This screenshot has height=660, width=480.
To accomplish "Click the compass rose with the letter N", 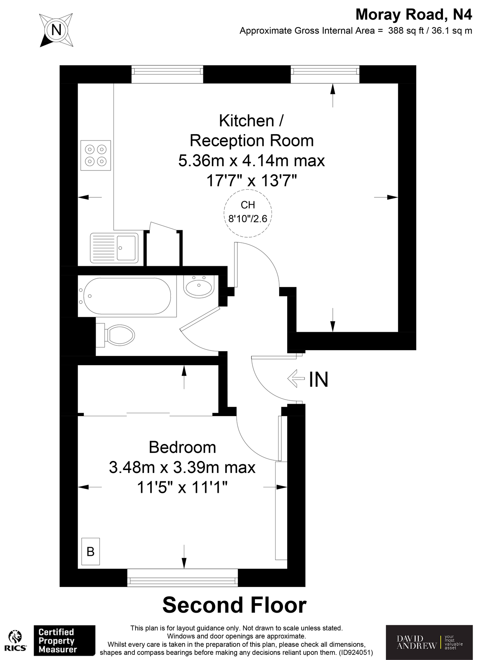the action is (x=56, y=30).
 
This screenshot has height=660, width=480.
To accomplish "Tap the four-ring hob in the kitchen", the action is (x=96, y=155).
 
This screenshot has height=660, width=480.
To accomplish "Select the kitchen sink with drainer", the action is (x=114, y=248).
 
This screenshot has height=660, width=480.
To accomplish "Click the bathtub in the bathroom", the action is (x=127, y=296).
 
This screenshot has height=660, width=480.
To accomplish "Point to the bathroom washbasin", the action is (x=199, y=286).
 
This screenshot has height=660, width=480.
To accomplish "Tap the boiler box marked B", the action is (x=91, y=551).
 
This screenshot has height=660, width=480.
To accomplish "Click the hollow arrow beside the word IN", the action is (x=296, y=378).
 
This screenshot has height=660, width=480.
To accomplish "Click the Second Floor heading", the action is (x=235, y=605).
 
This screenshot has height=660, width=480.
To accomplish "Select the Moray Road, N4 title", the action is (x=414, y=15).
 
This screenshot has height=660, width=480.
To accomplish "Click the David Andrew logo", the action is (x=429, y=642).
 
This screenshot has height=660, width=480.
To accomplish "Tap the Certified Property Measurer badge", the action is (x=64, y=640).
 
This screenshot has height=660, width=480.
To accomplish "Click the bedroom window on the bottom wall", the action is (x=182, y=577).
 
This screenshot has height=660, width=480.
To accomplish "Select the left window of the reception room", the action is (x=167, y=74).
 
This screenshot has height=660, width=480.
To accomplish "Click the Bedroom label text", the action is (x=182, y=447).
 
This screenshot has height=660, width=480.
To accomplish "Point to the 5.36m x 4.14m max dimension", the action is (x=252, y=161).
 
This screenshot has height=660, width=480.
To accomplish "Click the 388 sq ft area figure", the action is (x=405, y=31).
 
